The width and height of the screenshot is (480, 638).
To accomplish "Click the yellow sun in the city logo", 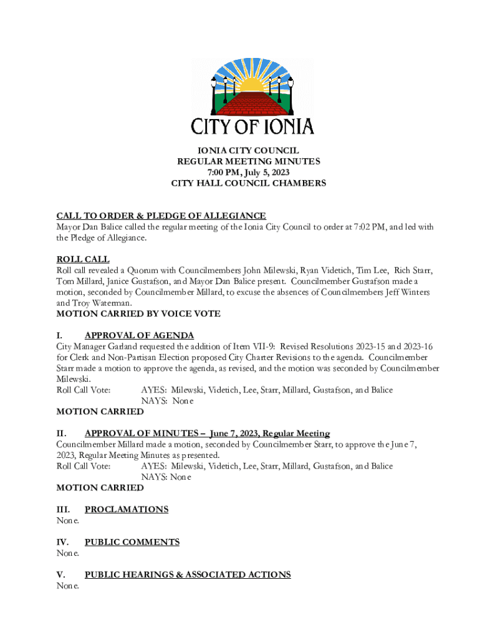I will click(251, 83).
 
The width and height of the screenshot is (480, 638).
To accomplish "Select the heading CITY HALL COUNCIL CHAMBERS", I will click(249, 184).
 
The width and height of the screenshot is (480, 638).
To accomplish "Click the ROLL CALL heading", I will click(83, 259).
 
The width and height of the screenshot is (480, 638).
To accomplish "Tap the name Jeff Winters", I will click(413, 292).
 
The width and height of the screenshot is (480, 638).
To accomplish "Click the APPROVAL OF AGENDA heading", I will click(139, 335).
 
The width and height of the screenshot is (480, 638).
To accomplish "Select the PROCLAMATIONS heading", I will click(127, 510).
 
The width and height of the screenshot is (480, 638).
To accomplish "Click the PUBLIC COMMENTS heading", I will click(132, 542).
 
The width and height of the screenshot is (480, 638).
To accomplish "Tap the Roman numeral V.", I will click(60, 574).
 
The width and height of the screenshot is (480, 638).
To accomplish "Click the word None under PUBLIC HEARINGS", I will click(67, 586).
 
